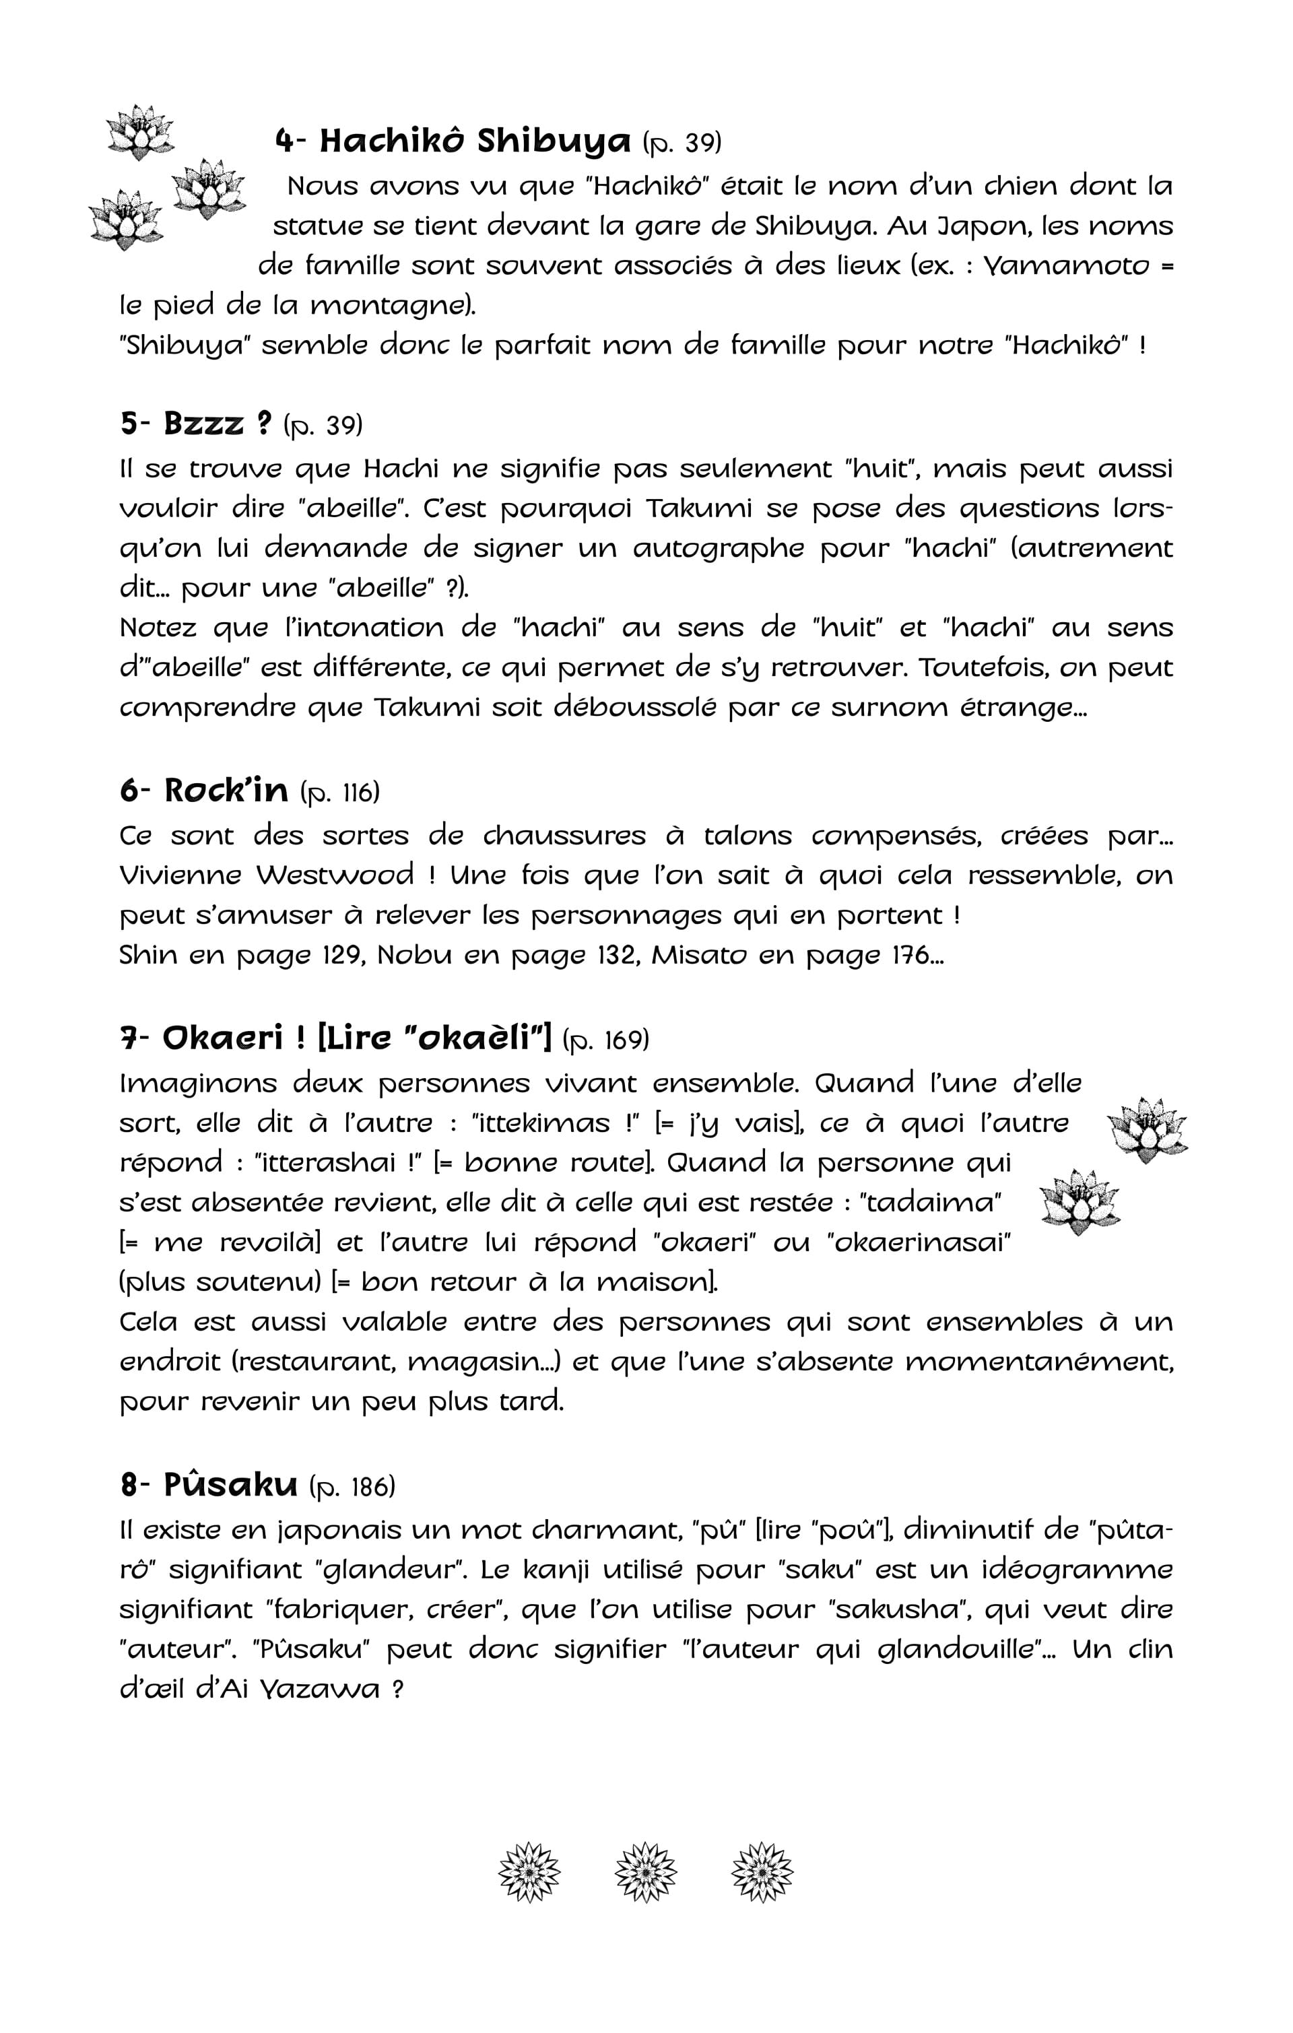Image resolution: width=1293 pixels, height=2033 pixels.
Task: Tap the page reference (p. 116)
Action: pos(339,793)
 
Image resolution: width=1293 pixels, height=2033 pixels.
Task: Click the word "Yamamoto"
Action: pos(1067,266)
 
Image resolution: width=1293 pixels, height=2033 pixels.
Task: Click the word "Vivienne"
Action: pos(179,875)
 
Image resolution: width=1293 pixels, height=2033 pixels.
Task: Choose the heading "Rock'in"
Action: pos(226,791)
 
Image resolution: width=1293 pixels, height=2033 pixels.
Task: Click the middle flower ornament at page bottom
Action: pos(646,1873)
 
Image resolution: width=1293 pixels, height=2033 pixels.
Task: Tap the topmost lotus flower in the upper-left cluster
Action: pos(140,132)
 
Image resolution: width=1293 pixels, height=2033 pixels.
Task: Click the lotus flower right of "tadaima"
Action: pos(1080,1201)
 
